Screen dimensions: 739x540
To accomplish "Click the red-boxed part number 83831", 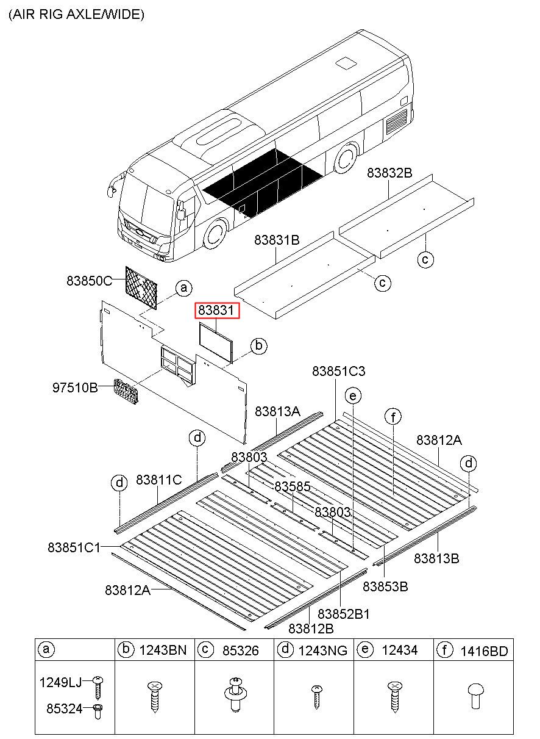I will point(217,311).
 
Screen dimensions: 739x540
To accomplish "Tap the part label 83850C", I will point(90,281).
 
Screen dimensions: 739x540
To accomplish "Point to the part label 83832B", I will point(389,173).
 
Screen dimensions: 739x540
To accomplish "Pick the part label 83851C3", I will point(339,371).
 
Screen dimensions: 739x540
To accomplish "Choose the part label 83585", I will point(293,486).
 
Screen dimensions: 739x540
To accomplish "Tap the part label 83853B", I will point(385,586).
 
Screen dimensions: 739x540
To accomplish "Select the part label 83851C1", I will point(74,547).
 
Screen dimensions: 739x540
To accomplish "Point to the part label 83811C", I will point(158,480).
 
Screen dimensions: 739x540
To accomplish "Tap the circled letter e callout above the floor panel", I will point(352,395).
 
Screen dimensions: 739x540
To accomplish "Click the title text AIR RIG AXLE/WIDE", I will point(76,15).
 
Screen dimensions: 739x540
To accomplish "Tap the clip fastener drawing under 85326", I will point(234,694).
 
